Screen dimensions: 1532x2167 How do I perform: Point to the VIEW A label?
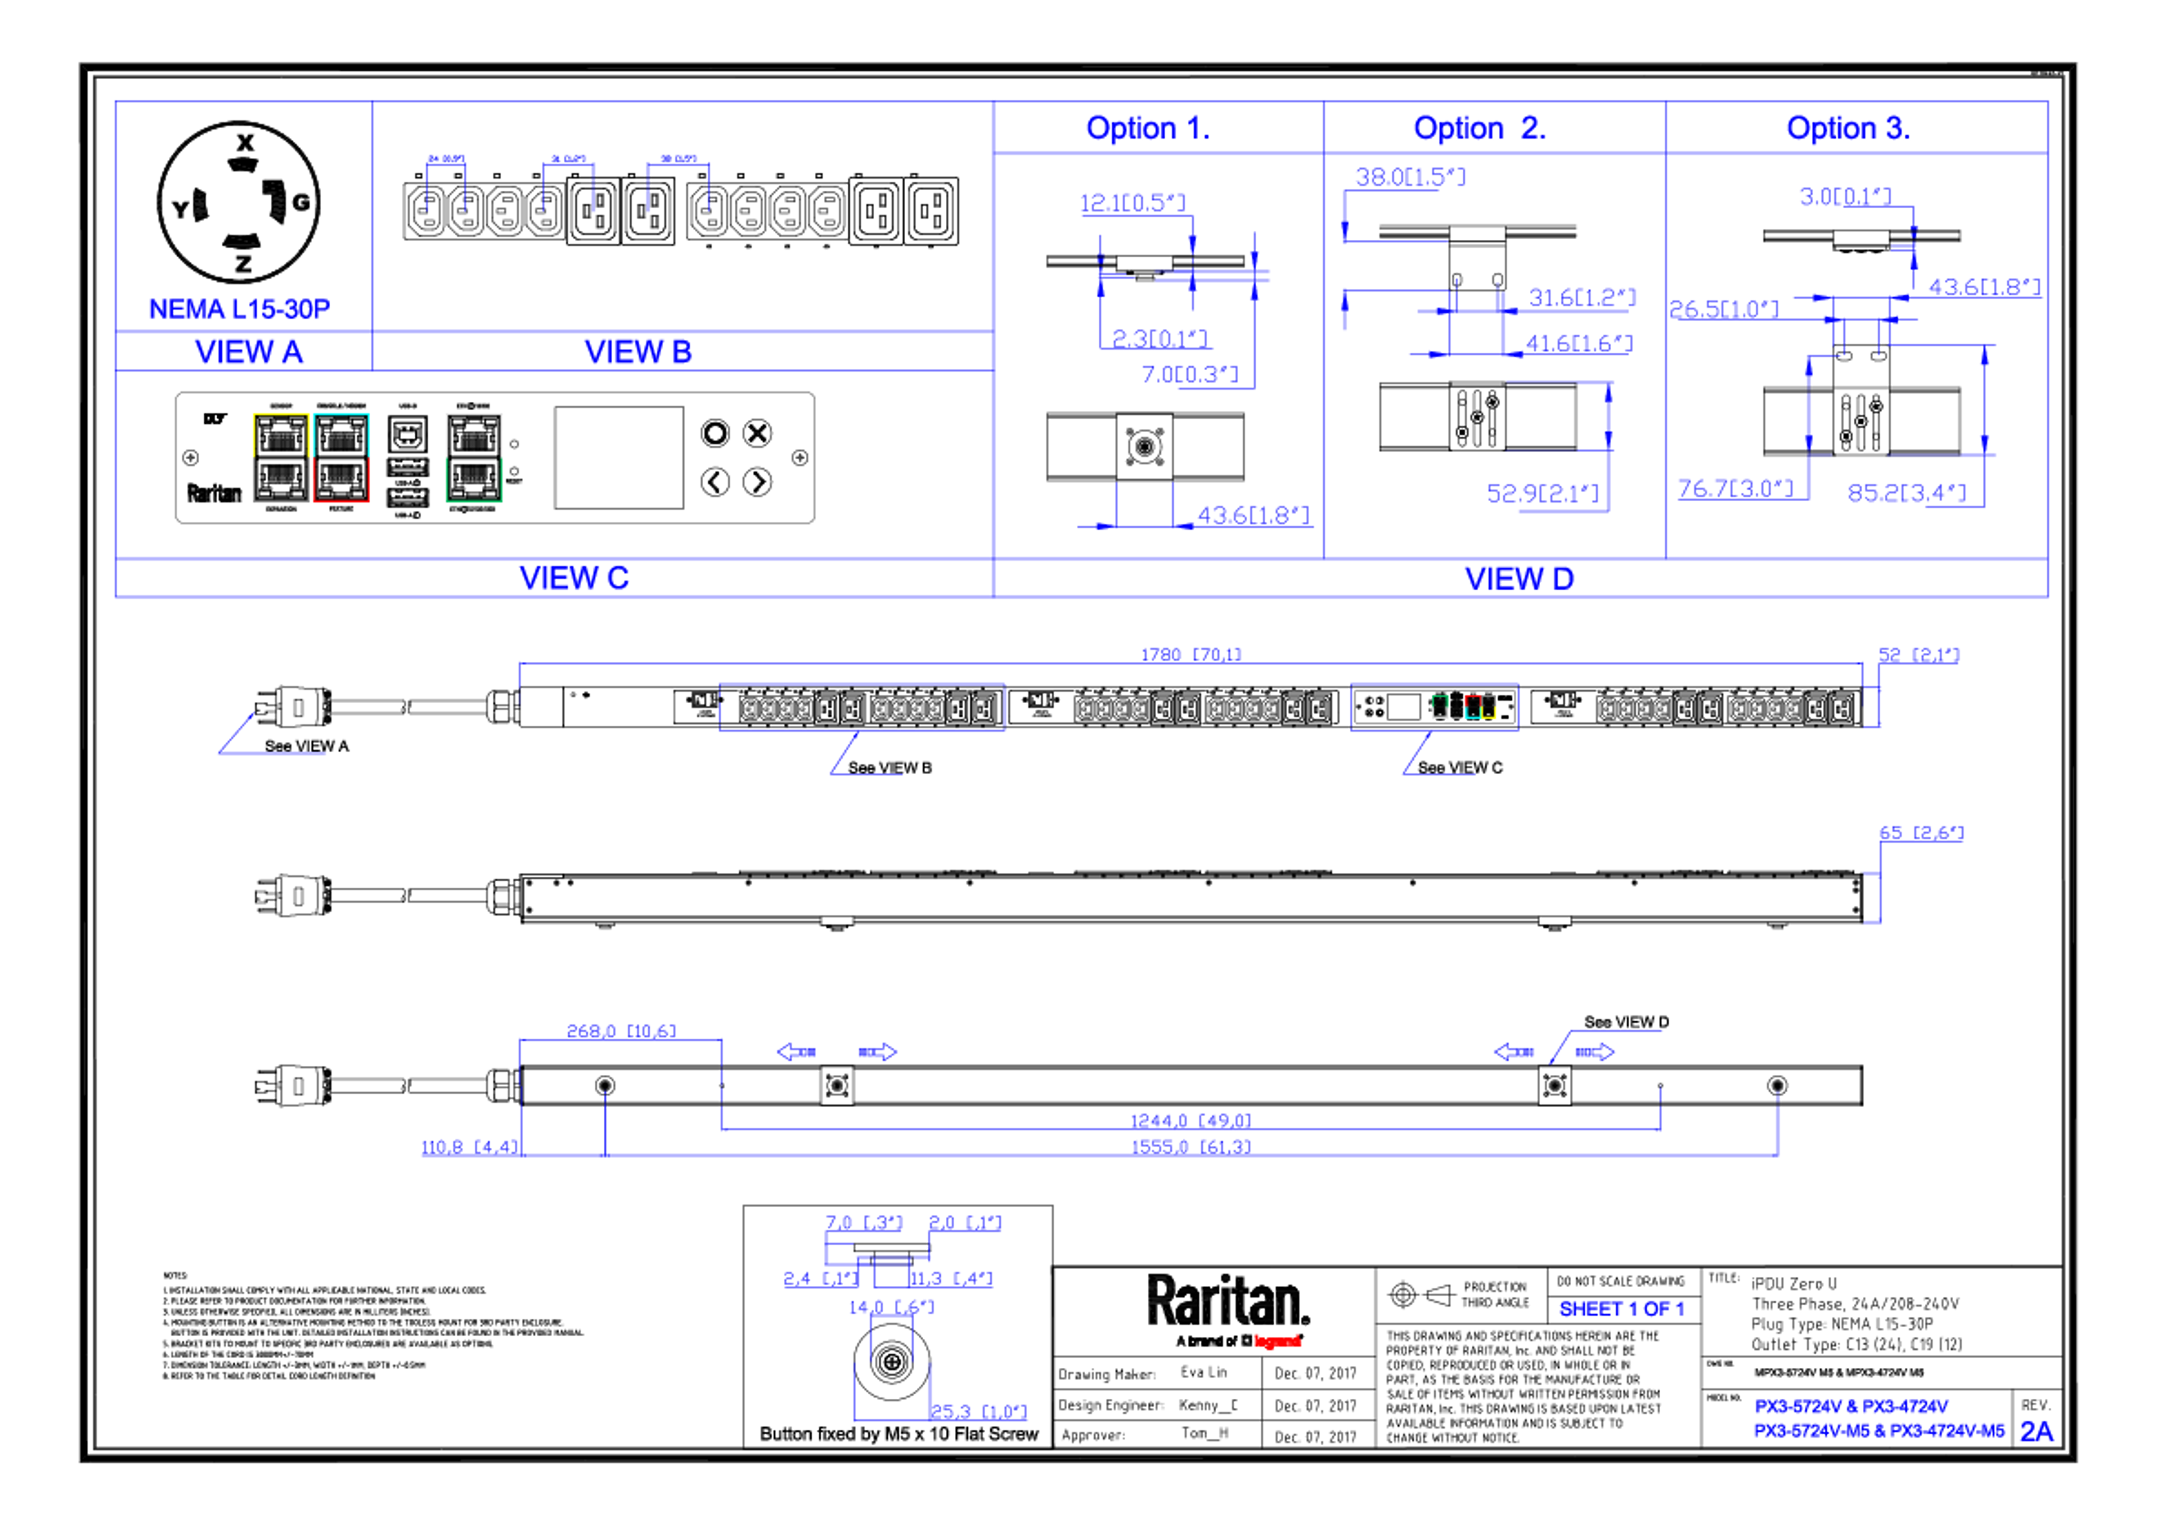click(x=249, y=352)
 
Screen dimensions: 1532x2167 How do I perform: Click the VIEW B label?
click(x=638, y=352)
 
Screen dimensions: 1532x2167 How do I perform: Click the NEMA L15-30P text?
click(x=239, y=308)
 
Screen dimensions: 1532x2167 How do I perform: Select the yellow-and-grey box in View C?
click(x=280, y=458)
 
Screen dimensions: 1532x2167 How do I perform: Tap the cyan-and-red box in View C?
click(x=341, y=458)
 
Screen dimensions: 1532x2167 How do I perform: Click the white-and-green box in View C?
click(x=474, y=458)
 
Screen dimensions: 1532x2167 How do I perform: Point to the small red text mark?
click(x=1278, y=1340)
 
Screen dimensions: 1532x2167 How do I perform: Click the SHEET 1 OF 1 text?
click(x=1621, y=1309)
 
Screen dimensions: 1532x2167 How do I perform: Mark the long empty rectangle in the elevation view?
click(x=862, y=706)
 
